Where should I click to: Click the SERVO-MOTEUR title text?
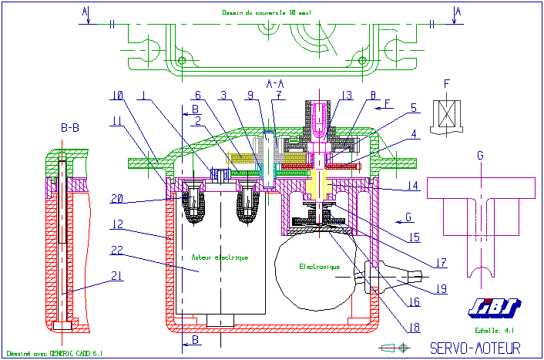point(475,348)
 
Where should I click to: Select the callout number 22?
point(117,251)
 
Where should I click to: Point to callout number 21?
point(117,275)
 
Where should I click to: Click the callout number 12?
point(117,224)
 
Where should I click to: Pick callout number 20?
point(117,198)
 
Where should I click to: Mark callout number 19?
point(440,289)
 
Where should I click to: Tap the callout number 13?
point(348,96)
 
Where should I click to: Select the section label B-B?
point(71,128)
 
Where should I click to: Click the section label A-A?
point(275,82)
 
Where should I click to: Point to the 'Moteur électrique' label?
point(220,257)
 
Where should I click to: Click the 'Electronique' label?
point(319,267)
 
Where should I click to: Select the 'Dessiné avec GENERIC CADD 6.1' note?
point(54,353)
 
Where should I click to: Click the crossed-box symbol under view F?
point(446,115)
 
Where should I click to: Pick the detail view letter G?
point(481,156)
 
